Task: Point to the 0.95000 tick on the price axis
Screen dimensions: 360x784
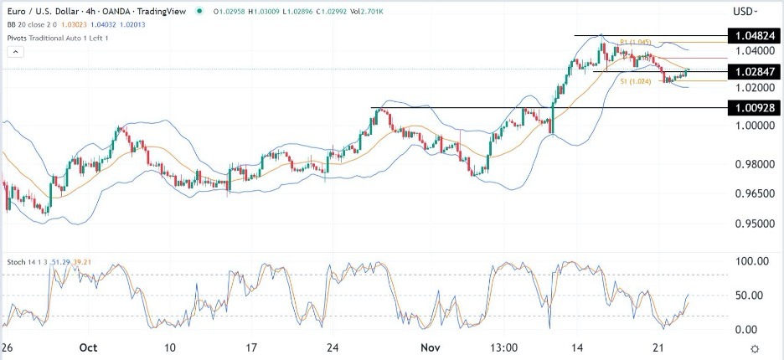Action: click(750, 224)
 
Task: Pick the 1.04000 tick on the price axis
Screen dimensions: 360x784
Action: click(750, 53)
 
